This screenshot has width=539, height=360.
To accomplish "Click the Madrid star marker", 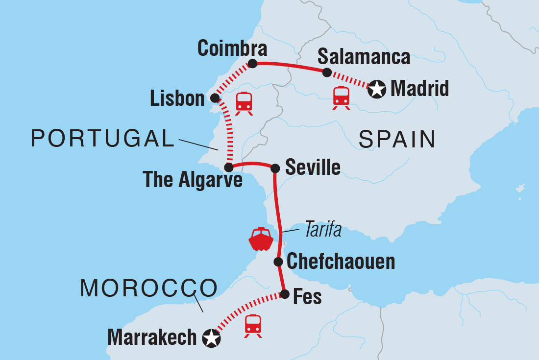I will pyautogui.click(x=376, y=89).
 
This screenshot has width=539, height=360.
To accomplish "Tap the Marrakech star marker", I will pyautogui.click(x=211, y=338).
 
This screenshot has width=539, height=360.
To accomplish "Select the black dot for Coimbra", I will pyautogui.click(x=252, y=64).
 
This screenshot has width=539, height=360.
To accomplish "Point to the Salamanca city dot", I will pyautogui.click(x=327, y=72).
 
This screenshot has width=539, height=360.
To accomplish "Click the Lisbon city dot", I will pyautogui.click(x=215, y=98).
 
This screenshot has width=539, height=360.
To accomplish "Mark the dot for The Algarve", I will pyautogui.click(x=228, y=167).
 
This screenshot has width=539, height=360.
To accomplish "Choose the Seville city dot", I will pyautogui.click(x=275, y=168).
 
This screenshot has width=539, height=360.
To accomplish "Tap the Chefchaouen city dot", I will pyautogui.click(x=278, y=261).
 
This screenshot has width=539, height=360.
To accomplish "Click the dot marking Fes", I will pyautogui.click(x=284, y=294).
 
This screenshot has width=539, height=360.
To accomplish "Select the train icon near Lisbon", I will pyautogui.click(x=244, y=103).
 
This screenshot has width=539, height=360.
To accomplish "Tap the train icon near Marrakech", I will pyautogui.click(x=252, y=325).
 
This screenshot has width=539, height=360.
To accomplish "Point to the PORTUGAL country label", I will pyautogui.click(x=103, y=139).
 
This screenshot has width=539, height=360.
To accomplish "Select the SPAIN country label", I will pyautogui.click(x=397, y=140).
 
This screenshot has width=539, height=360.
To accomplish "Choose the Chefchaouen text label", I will pyautogui.click(x=341, y=262).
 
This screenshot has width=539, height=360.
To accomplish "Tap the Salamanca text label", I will pyautogui.click(x=364, y=57).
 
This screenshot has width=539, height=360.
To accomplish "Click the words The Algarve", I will pyautogui.click(x=193, y=180).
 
